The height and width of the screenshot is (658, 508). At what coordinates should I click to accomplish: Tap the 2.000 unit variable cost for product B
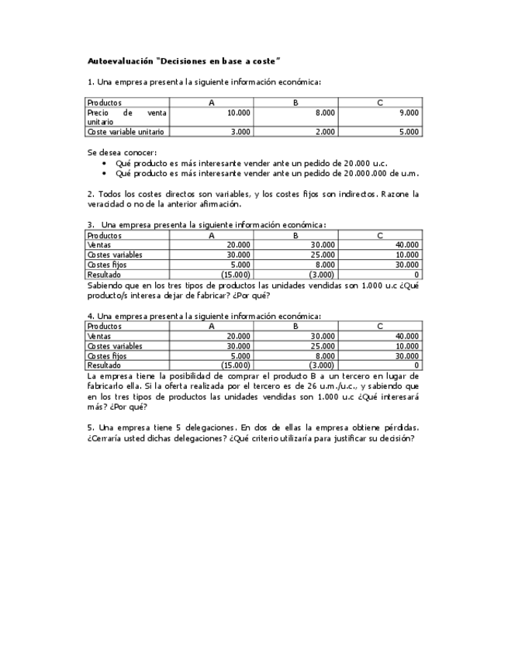pyautogui.click(x=324, y=132)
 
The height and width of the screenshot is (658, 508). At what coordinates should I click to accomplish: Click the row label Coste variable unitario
pyautogui.click(x=126, y=132)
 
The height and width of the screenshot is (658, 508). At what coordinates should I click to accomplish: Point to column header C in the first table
pyautogui.click(x=379, y=102)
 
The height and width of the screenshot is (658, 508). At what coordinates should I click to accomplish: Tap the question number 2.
pyautogui.click(x=90, y=194)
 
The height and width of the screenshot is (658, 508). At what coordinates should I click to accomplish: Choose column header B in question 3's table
pyautogui.click(x=295, y=235)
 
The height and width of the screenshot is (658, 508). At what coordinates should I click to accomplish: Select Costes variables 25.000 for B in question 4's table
pyautogui.click(x=323, y=345)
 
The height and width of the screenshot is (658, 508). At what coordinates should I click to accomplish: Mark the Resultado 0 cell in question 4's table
pyautogui.click(x=416, y=365)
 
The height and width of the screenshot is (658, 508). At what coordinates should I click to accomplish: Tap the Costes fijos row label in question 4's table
pyautogui.click(x=107, y=355)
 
